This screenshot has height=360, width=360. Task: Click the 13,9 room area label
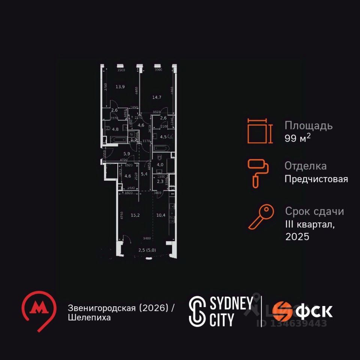(120, 87)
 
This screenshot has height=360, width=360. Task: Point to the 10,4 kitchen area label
(161, 215)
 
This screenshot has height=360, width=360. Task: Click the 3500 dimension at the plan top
(121, 70)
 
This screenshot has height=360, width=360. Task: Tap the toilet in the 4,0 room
(159, 158)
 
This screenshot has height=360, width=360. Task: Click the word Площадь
(308, 125)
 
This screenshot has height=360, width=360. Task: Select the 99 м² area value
(298, 138)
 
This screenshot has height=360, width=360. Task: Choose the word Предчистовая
(316, 179)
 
